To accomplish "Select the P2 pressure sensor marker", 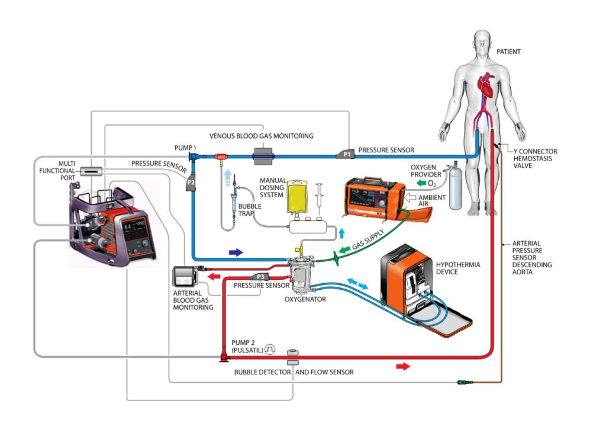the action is pos(191,183).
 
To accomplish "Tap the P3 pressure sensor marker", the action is pos(260,277).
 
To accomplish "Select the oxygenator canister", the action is pos(301,275).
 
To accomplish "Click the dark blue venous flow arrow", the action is pos(236,252).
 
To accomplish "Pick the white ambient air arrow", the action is pos(410,198).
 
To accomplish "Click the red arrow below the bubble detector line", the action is pos(402,366).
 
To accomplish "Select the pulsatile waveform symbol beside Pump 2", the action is pos(270,350).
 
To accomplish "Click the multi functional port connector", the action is pos(91,171).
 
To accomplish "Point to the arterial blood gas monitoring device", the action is pos(185,277).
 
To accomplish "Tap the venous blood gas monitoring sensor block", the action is pos(263,156).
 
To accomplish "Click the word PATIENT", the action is pos(508,52).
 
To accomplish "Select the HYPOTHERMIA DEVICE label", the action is pos(458,268).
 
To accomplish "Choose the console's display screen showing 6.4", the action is pos(134,229).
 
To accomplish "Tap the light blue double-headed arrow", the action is pos(357,284).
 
